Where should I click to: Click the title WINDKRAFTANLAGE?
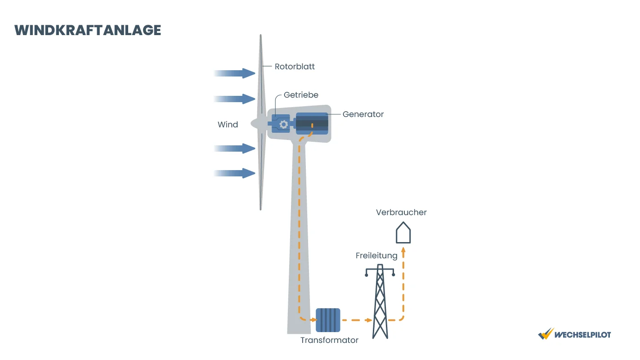point(88,30)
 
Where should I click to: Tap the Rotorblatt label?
point(295,67)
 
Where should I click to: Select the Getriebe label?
point(301,95)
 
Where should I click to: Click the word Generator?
point(363,114)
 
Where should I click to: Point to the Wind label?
point(228,125)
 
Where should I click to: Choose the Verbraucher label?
point(401,212)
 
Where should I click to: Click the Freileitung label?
point(376,256)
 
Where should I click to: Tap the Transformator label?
point(329,340)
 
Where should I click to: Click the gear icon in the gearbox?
point(284,124)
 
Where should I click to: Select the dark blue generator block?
point(312,124)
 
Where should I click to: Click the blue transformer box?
point(328,320)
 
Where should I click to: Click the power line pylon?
point(380,301)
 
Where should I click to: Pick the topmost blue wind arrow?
point(234,73)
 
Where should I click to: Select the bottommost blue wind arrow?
point(234,173)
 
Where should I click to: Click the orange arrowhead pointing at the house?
point(403,250)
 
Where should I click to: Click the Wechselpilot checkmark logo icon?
point(546,334)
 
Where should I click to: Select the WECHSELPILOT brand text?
point(582,335)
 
